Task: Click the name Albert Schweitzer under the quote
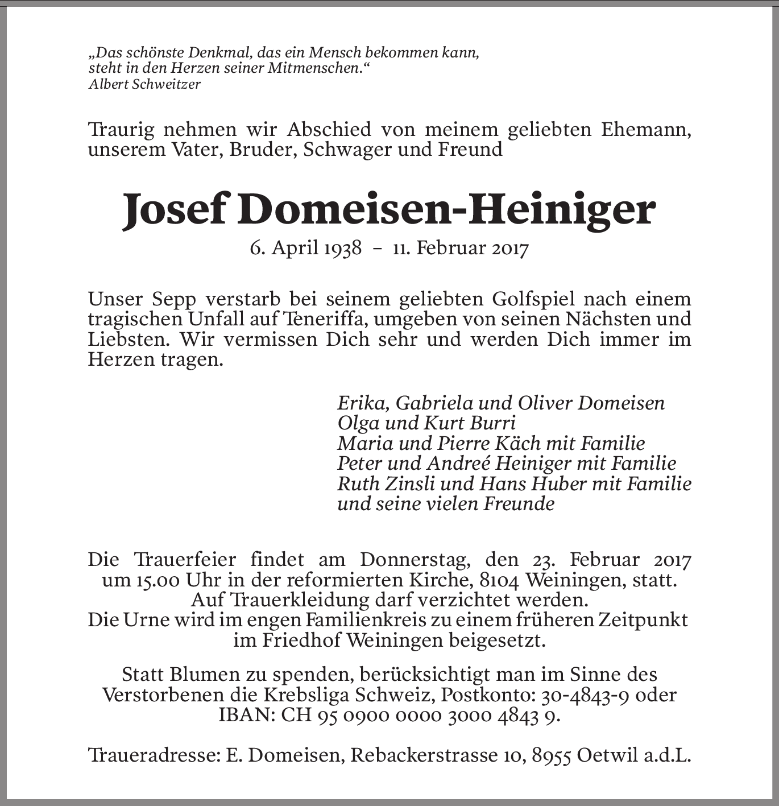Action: pos(144,85)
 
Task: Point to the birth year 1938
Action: pos(343,249)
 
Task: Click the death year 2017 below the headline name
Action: pos(510,249)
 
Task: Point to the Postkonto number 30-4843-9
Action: pos(584,695)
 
